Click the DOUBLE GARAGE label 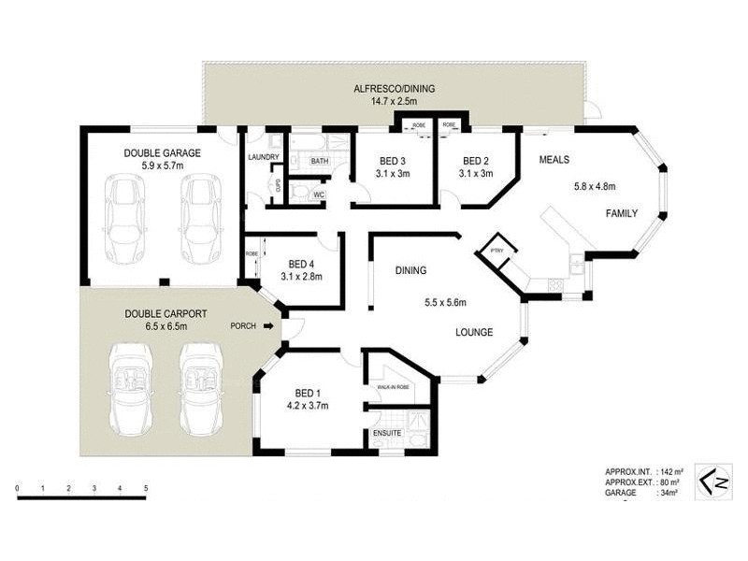[x=156, y=152]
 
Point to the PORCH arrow [x=269, y=326]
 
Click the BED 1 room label [x=308, y=393]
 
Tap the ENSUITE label [x=387, y=434]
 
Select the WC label [x=318, y=194]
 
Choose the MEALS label [x=554, y=160]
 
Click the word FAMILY [x=622, y=213]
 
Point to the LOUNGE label [x=475, y=332]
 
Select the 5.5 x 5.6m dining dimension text [x=446, y=302]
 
